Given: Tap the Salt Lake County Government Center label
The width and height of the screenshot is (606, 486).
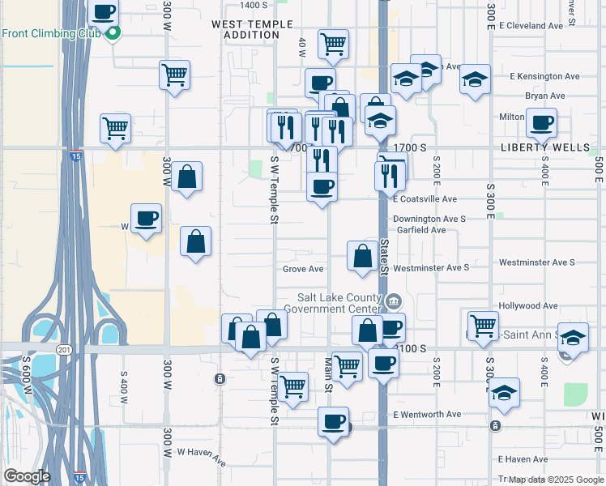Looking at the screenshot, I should (x=339, y=302).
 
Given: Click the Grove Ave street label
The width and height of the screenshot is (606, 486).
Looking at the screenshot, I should (x=303, y=269).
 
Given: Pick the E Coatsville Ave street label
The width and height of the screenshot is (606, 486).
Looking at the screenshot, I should (x=425, y=198).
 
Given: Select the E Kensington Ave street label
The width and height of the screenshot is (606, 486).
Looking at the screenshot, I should (x=544, y=76).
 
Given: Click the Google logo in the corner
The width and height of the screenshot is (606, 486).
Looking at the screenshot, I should (x=27, y=476).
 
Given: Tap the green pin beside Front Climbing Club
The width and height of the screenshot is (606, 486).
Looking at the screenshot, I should (x=113, y=34).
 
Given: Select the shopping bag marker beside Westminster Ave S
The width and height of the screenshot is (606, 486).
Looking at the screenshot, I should (x=361, y=256).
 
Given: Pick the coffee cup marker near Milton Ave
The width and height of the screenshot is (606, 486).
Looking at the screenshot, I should (x=541, y=123).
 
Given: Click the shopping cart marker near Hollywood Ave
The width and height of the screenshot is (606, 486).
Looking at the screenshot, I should (x=483, y=325).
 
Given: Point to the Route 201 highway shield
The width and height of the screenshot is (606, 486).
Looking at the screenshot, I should (x=65, y=349).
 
